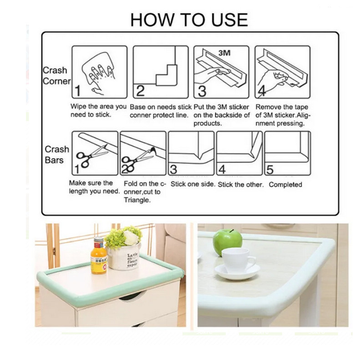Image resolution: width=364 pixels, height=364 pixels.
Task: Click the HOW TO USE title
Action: pos(189,20)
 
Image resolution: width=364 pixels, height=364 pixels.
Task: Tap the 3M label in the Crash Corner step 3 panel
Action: pos(224,53)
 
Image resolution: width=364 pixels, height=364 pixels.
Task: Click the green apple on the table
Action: pos(227,242)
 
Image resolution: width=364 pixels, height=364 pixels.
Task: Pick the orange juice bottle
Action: pos(99,256)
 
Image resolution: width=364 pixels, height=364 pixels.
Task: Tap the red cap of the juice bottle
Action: pos(99,240)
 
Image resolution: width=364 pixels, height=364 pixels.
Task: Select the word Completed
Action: pos(285,185)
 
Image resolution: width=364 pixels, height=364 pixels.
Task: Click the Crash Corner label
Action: pos(56,76)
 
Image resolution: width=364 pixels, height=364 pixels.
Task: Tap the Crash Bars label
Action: pos(56,155)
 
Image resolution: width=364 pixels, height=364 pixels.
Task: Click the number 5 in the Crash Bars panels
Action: pos(270,170)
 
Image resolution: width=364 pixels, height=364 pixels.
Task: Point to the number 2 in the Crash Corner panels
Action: pos(140,91)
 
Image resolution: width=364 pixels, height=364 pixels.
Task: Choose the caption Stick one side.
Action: pos(193,184)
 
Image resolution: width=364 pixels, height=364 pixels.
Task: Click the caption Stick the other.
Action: pos(241,185)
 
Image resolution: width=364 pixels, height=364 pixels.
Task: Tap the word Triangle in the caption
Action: pos(137,200)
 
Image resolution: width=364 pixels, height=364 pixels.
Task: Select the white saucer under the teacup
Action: pos(237,272)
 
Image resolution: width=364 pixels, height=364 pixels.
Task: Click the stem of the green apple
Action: pos(231,231)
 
